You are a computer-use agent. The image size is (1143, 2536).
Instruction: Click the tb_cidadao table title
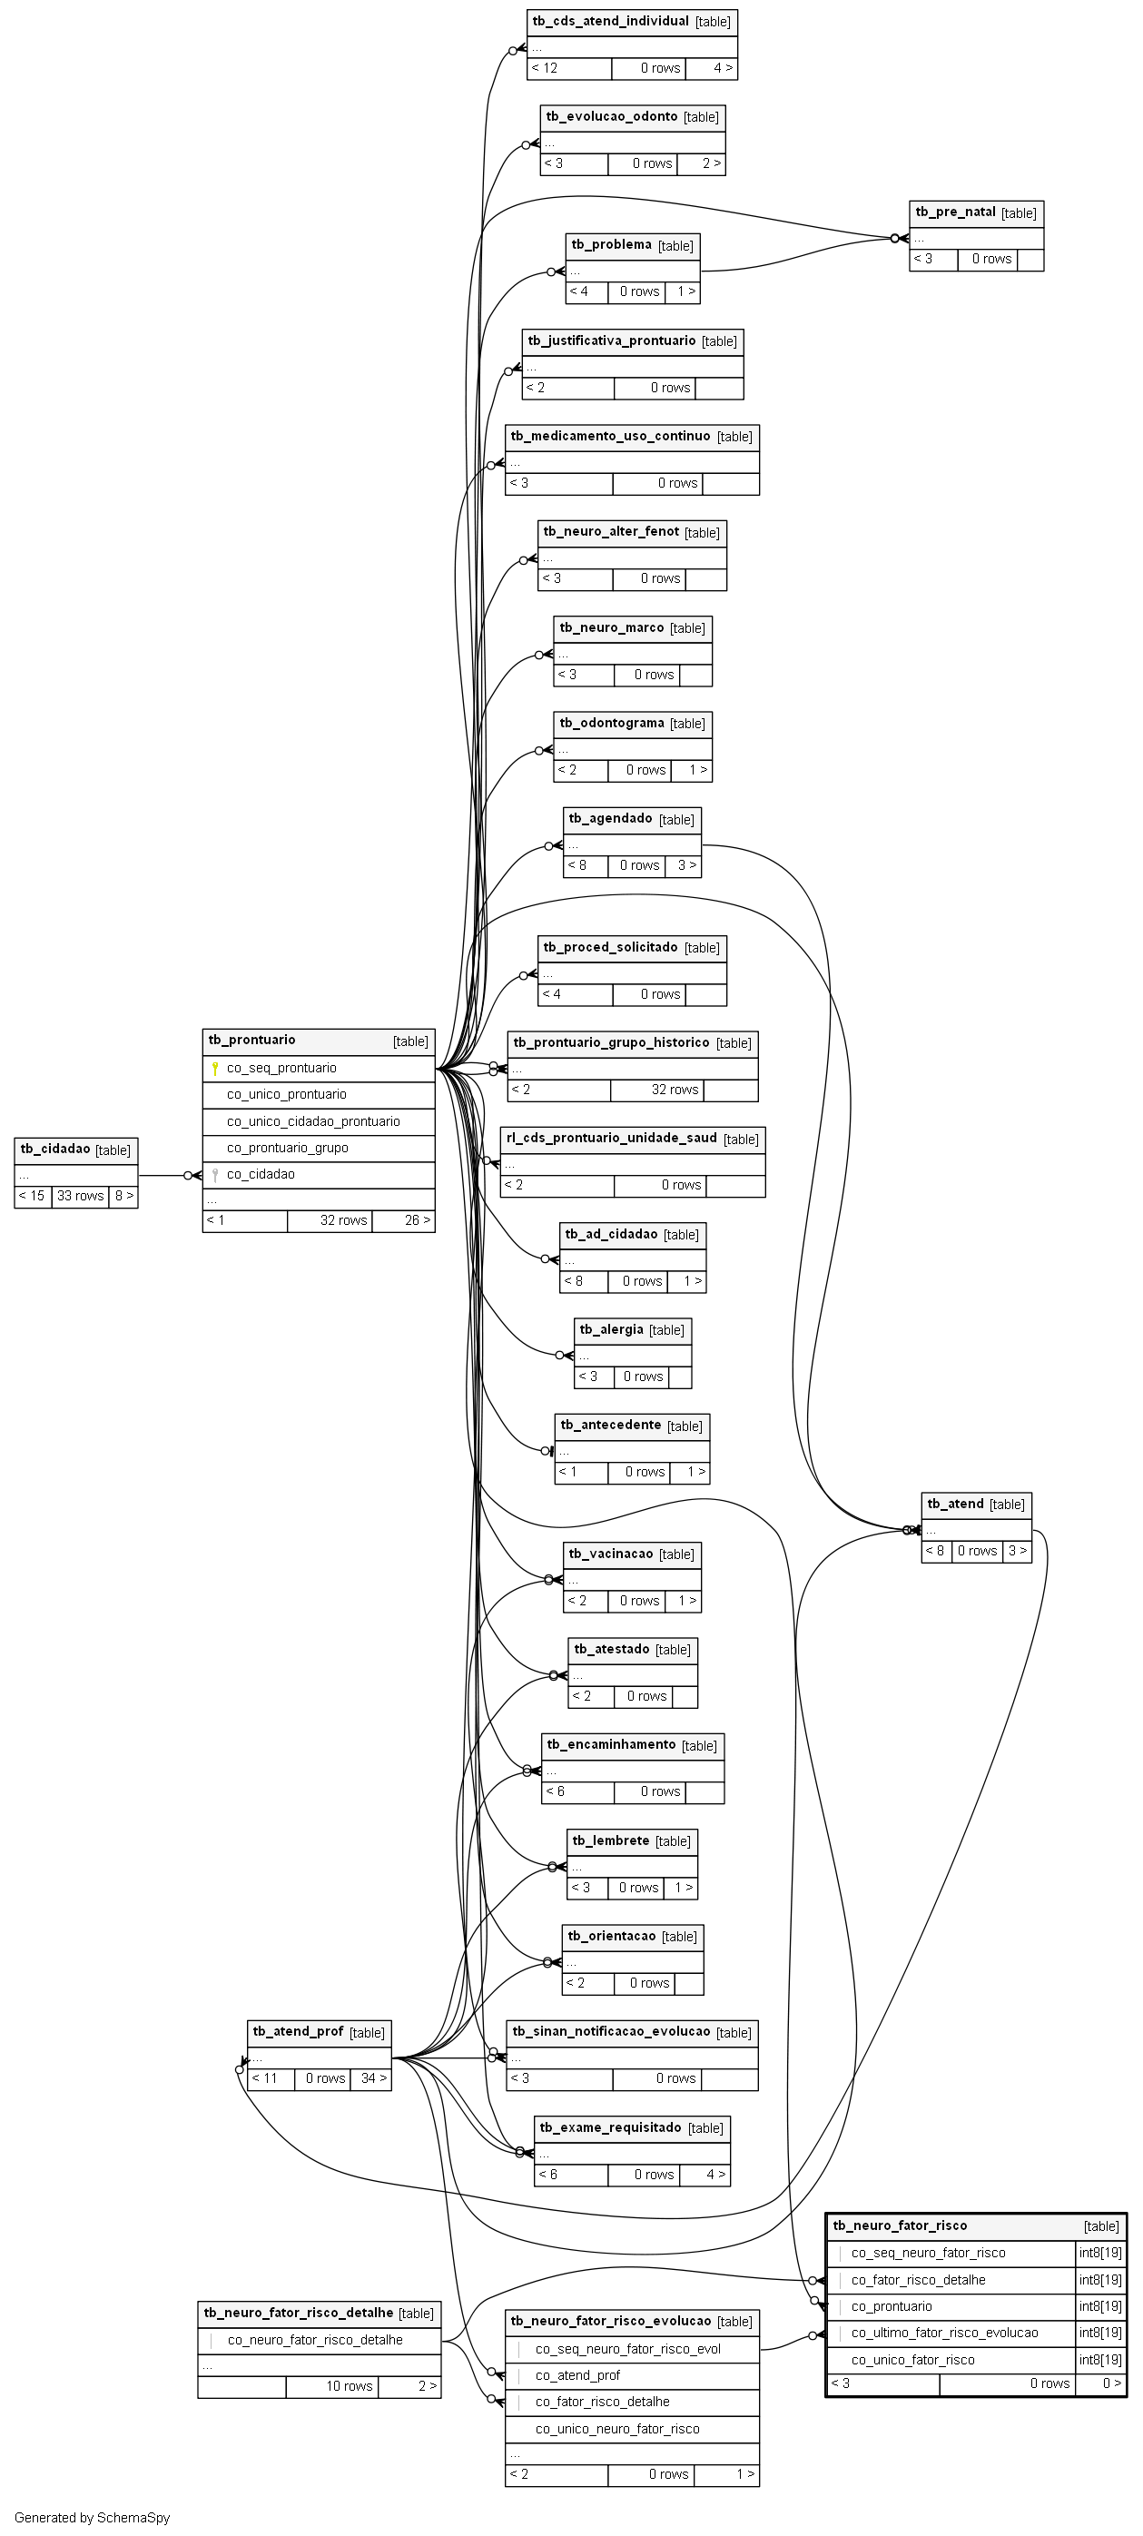click(x=55, y=1149)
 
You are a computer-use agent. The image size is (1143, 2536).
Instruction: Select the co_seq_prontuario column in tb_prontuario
click(x=281, y=1068)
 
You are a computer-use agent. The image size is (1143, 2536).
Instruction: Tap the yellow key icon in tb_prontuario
click(x=214, y=1068)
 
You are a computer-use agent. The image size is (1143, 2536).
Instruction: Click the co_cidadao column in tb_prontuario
click(x=261, y=1174)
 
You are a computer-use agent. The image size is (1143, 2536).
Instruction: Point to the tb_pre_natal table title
click(x=955, y=212)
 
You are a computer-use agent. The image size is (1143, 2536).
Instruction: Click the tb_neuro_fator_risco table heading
click(x=900, y=2225)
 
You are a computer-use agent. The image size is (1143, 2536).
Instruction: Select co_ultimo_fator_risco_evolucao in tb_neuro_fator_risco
click(x=944, y=2333)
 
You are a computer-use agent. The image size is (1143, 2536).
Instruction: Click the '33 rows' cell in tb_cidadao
click(x=80, y=1196)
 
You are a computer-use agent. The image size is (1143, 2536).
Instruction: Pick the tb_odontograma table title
click(x=611, y=724)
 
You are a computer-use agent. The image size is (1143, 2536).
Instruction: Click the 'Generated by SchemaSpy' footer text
click(x=93, y=2517)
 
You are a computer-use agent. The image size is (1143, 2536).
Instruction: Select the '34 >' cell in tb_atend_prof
click(x=371, y=2078)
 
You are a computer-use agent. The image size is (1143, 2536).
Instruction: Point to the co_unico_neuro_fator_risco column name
click(x=617, y=2429)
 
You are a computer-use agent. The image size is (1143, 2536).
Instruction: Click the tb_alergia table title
click(x=611, y=1330)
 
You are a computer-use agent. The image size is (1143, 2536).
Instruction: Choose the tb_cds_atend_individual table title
click(x=610, y=22)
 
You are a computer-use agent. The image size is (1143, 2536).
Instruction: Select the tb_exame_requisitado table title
click(x=610, y=2127)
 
